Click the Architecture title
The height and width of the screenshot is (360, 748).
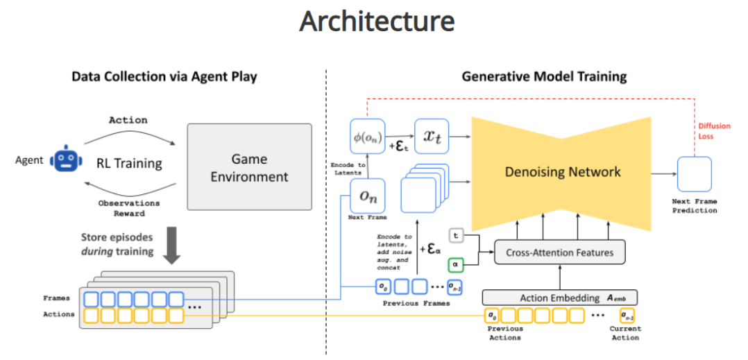tap(377, 22)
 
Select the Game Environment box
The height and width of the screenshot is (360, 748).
tap(249, 166)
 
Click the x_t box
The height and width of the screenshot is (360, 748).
tap(432, 137)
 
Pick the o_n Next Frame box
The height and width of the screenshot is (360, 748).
tap(367, 196)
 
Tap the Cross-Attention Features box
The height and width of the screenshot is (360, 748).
tap(559, 252)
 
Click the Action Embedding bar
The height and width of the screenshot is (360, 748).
tap(559, 298)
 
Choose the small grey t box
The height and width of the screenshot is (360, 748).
tap(457, 236)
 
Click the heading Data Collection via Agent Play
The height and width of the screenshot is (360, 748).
tap(164, 76)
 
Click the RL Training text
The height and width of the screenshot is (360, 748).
tap(129, 164)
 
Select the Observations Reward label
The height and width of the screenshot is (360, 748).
tap(130, 208)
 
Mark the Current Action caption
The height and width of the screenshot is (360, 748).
tap(624, 333)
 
